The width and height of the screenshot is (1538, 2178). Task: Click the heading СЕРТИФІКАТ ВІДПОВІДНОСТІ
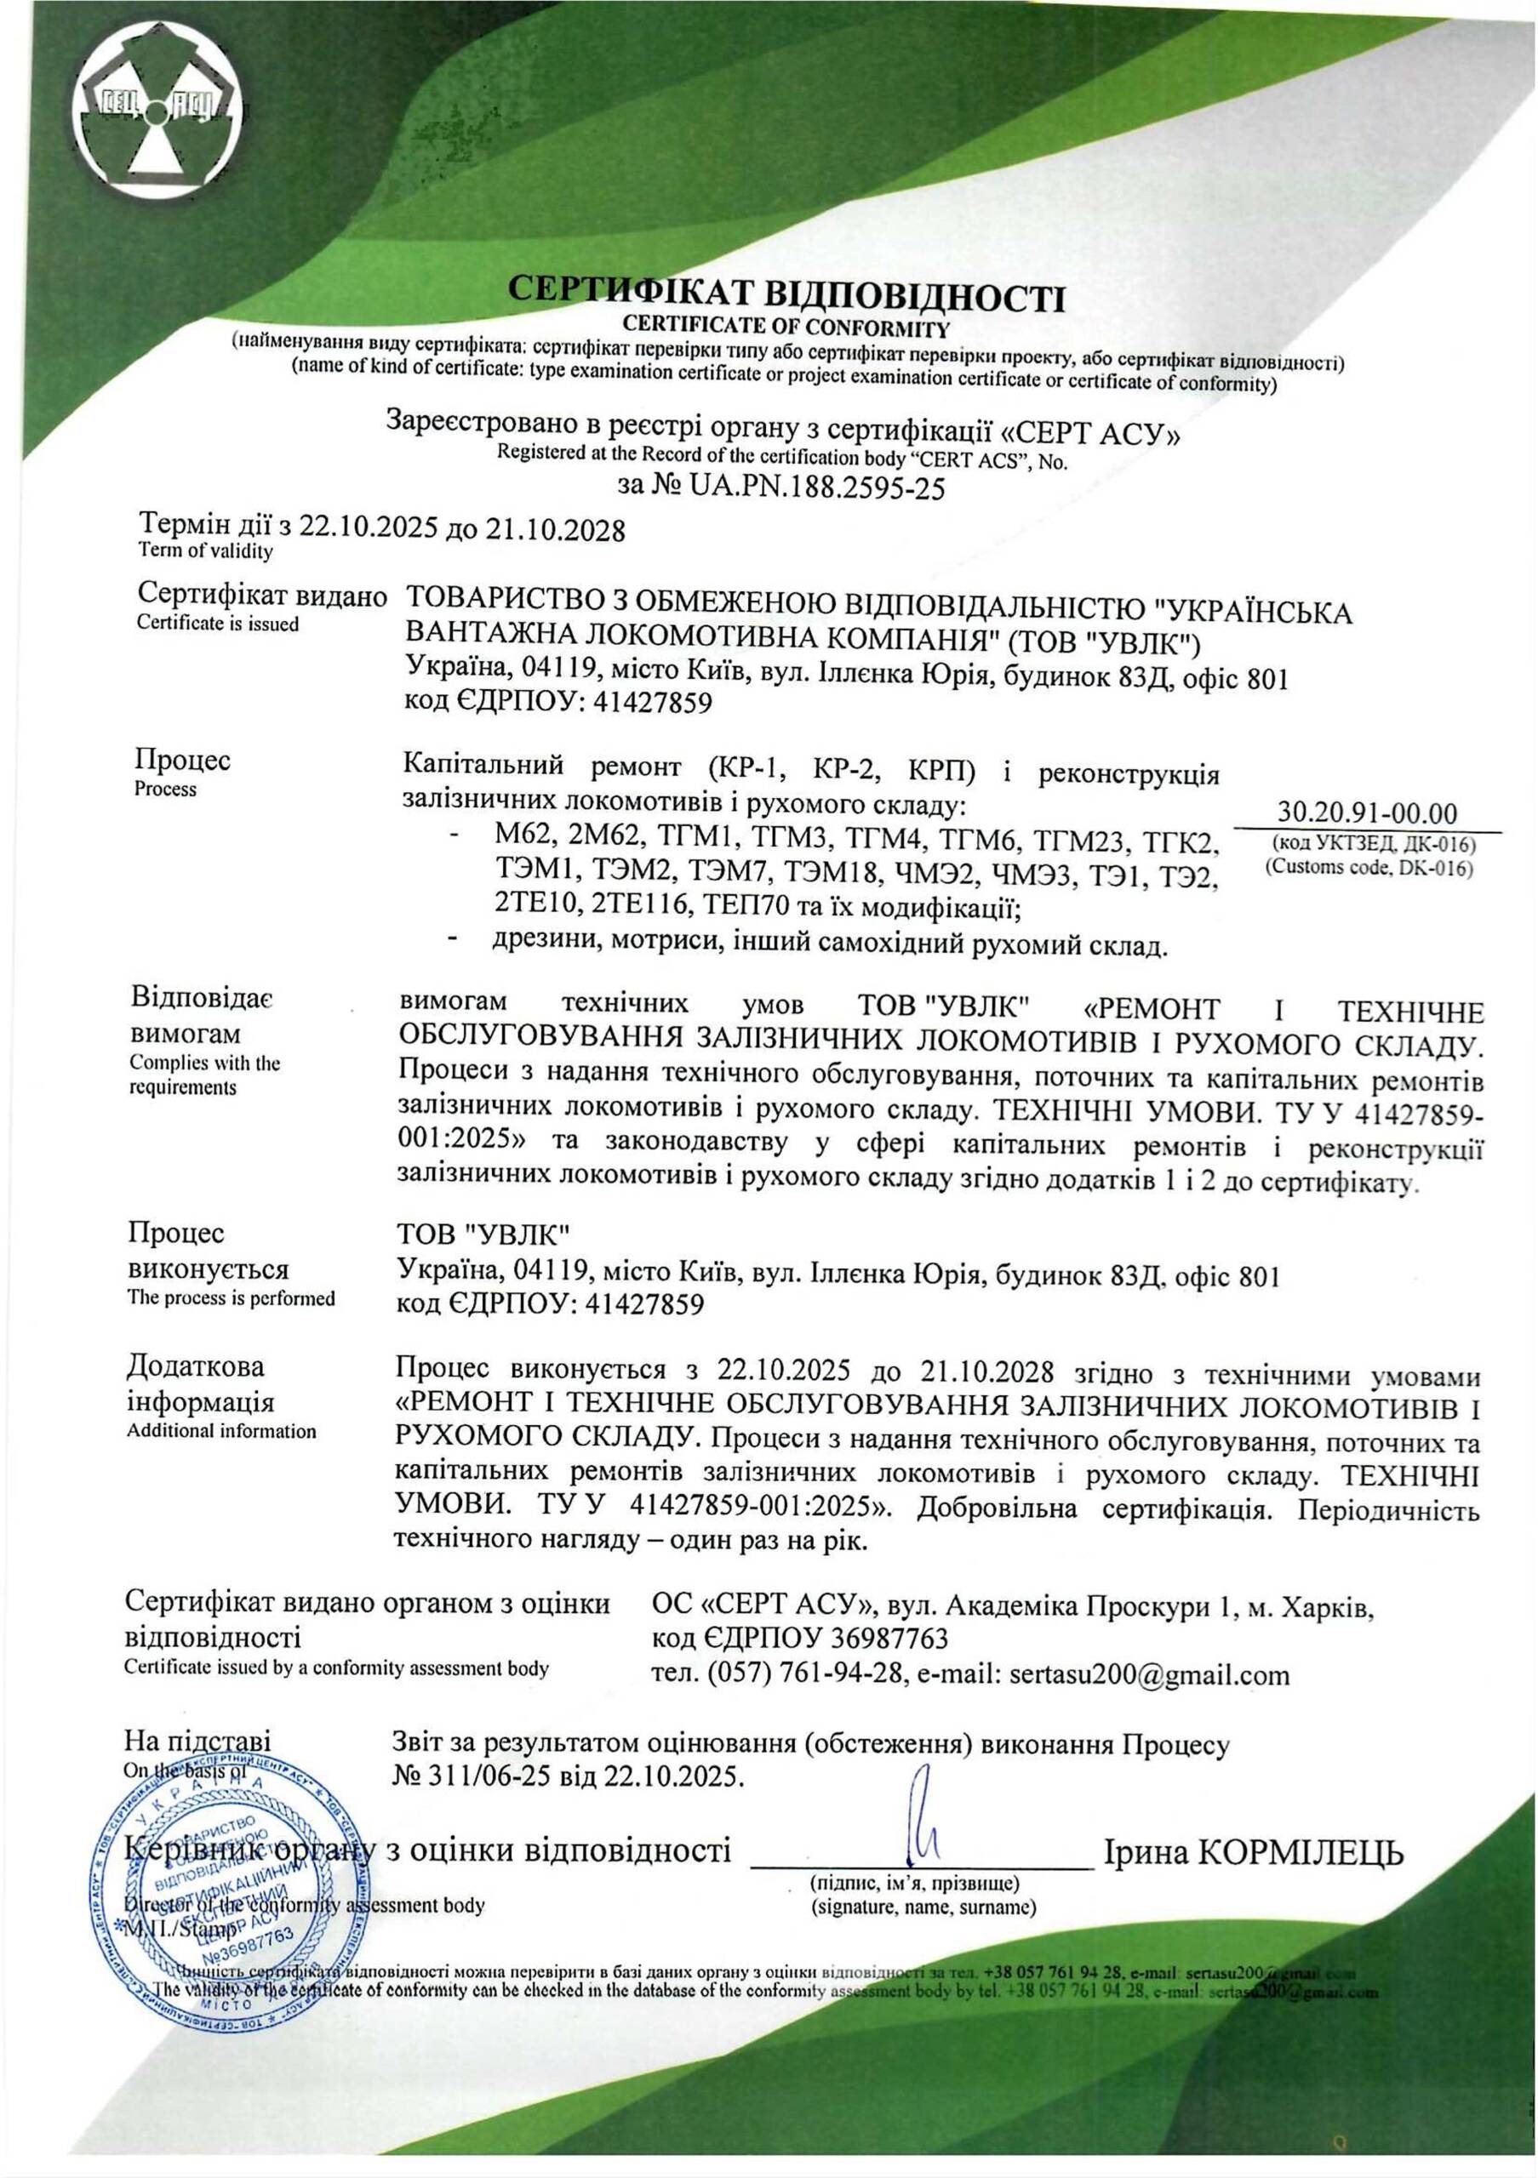click(786, 294)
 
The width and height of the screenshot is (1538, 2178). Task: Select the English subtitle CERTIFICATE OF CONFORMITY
click(786, 328)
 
